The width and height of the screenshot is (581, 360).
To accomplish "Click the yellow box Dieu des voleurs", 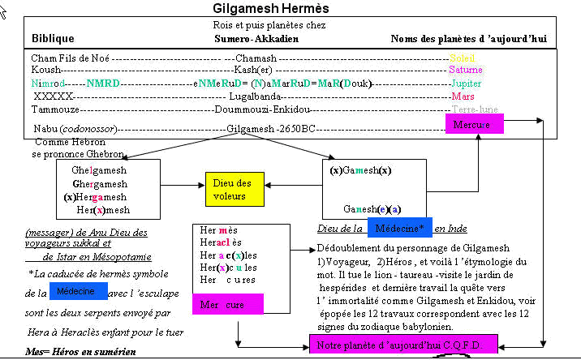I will tap(234, 190).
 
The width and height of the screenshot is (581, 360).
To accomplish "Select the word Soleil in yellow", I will tap(462, 58).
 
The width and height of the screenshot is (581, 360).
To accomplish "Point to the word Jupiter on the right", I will tap(466, 84).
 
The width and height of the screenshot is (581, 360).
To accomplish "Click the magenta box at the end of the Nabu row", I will tap(474, 124).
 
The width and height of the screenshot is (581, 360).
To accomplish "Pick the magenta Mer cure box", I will tap(227, 305).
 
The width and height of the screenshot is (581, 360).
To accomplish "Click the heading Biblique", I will tap(53, 39).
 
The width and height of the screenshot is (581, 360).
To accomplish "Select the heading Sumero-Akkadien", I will tap(256, 39).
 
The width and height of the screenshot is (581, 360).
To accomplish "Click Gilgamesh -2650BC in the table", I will tap(271, 129).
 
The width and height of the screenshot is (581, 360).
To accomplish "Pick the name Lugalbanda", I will tap(261, 96).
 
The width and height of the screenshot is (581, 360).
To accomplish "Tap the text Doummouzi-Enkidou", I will tap(265, 108).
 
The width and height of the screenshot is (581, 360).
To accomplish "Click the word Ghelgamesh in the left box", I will tap(99, 171).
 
